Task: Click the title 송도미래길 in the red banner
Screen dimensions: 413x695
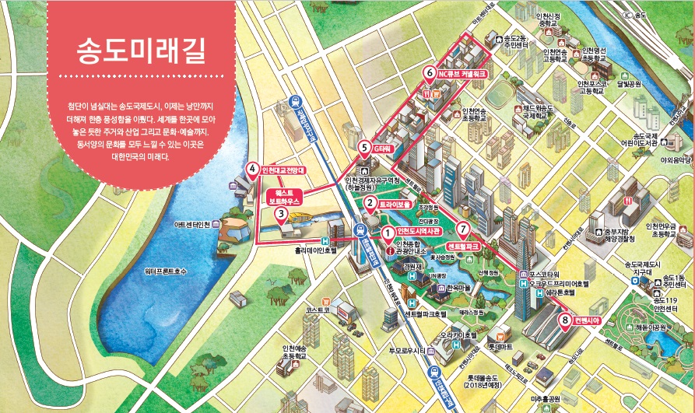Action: [141, 51]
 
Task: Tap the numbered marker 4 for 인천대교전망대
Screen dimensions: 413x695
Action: [252, 168]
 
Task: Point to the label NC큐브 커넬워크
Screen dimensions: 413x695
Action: [462, 75]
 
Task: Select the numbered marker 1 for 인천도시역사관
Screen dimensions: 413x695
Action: [387, 232]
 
